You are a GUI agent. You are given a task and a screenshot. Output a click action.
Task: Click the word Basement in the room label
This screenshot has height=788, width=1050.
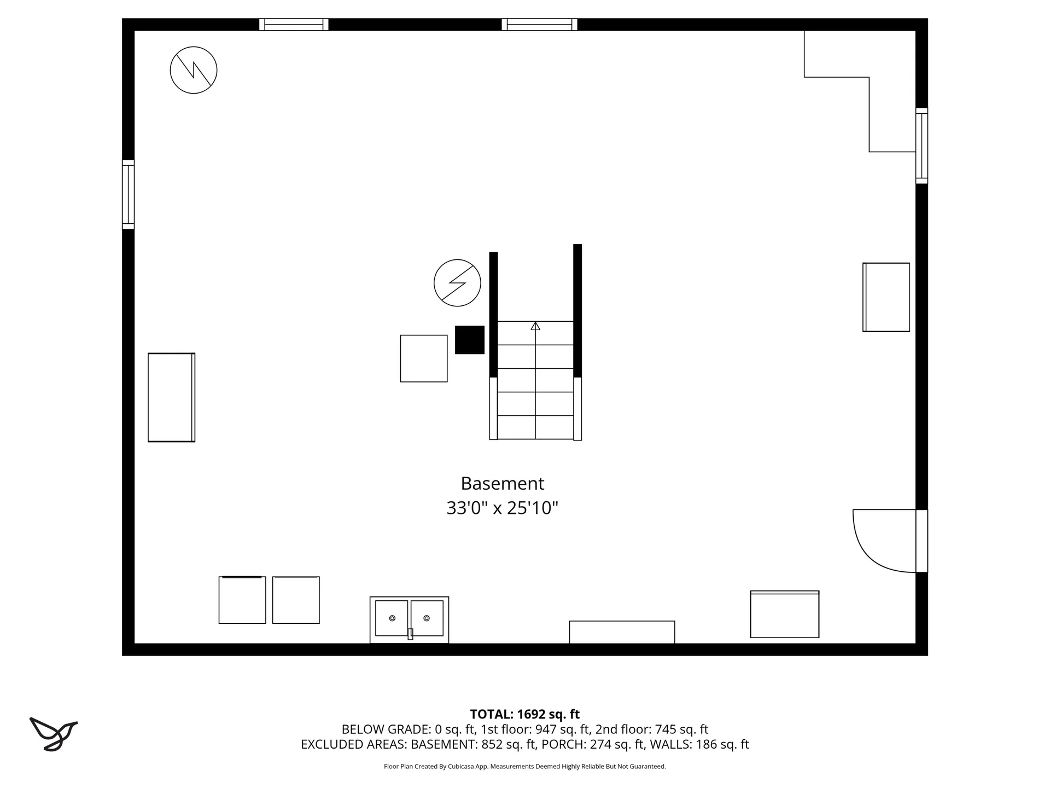point(502,484)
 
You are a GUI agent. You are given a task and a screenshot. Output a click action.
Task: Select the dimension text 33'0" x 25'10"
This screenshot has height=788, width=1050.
point(502,508)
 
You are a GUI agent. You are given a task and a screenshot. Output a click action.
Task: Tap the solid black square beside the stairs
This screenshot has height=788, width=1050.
point(470,340)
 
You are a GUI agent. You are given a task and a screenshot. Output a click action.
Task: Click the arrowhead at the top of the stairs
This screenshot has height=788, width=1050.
point(535,326)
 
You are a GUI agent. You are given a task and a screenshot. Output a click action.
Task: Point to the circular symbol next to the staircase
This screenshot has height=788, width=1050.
point(457,283)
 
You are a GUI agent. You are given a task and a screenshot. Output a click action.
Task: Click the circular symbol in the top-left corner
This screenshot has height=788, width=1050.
point(194,70)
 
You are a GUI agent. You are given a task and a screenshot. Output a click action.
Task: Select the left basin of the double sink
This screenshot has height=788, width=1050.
point(392,618)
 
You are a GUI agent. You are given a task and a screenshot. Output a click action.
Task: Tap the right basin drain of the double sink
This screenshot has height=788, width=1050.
point(427,618)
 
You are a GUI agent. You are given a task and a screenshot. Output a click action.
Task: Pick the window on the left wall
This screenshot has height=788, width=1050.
point(128,194)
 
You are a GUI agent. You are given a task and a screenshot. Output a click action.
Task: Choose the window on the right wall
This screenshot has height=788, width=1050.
point(921,146)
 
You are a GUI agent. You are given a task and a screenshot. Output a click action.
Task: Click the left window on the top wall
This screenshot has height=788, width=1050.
point(294,25)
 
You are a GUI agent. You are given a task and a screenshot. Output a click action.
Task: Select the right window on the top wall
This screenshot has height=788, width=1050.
point(539,25)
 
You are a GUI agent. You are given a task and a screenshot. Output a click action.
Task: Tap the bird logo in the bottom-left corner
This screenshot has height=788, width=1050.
point(53,734)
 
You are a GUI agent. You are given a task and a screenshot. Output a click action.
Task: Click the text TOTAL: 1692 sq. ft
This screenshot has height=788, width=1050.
point(524,714)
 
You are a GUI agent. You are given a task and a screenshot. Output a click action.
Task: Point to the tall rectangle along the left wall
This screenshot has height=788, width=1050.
point(171,397)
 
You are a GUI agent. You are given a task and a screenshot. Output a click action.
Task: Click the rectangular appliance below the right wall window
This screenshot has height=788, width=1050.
point(886,297)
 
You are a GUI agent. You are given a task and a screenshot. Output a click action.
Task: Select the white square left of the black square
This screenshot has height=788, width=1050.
point(424,358)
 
